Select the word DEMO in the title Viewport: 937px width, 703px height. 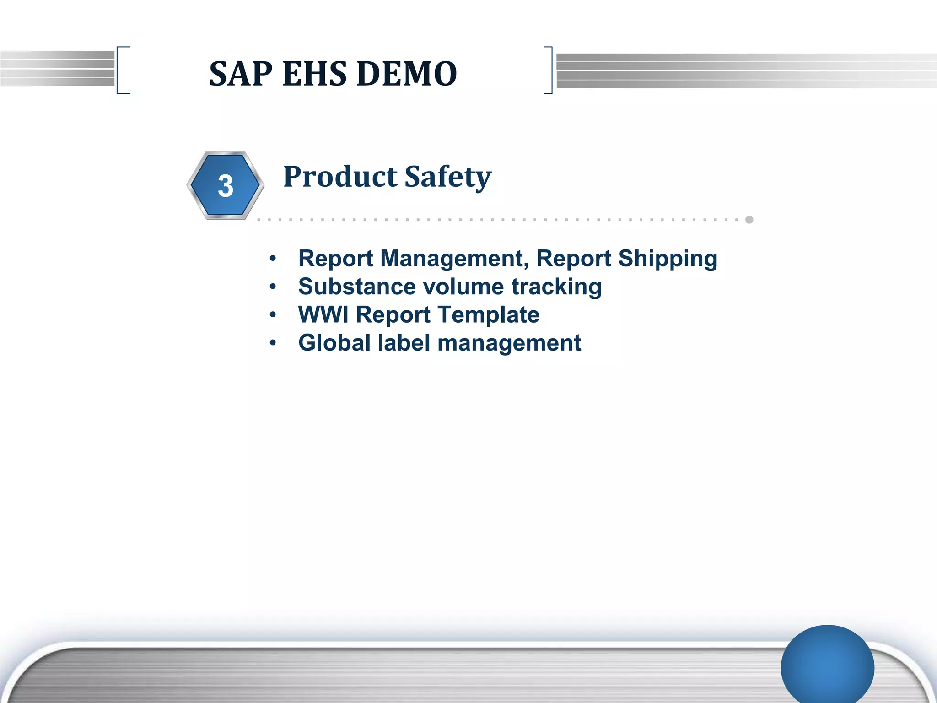tap(407, 74)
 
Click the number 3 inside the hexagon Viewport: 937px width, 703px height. tap(226, 186)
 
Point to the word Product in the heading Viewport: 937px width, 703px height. tap(340, 177)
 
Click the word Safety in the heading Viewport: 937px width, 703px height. tap(448, 178)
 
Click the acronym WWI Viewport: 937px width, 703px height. tap(323, 315)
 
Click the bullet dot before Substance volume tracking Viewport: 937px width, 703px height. tap(273, 287)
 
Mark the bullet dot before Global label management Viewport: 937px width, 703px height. tap(273, 343)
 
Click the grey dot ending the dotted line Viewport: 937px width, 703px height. tap(749, 220)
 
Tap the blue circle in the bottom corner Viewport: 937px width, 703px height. tap(827, 666)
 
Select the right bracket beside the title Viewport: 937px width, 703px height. tap(549, 70)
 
